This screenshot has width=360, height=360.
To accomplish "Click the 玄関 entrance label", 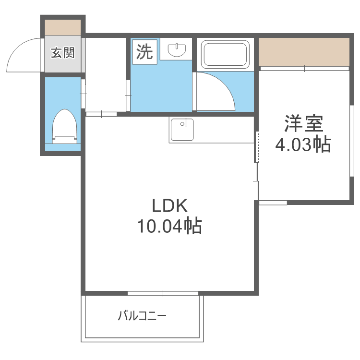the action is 63,53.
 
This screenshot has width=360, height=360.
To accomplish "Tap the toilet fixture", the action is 65,126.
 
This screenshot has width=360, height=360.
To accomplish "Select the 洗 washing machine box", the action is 145,52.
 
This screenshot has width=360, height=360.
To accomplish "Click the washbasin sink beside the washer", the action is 177,50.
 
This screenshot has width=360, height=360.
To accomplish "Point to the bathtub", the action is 225,54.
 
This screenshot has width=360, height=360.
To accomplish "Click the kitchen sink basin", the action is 182,129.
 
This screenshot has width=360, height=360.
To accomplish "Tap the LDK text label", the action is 170,206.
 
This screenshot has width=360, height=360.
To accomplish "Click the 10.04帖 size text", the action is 169,226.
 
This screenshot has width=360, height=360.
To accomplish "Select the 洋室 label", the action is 304,123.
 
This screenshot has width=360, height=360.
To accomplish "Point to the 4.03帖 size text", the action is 303,144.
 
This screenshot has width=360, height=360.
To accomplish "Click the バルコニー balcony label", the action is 142,316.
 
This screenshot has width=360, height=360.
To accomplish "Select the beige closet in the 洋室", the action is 304,52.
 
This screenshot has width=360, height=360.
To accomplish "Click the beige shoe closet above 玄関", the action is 63,27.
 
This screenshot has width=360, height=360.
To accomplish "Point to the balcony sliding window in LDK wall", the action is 163,293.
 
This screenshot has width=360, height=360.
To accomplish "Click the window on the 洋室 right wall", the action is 351,141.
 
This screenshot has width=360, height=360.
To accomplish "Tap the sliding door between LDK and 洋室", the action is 257,166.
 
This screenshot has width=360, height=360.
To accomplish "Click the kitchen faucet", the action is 185,123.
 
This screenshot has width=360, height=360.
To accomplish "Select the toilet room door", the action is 83,94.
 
